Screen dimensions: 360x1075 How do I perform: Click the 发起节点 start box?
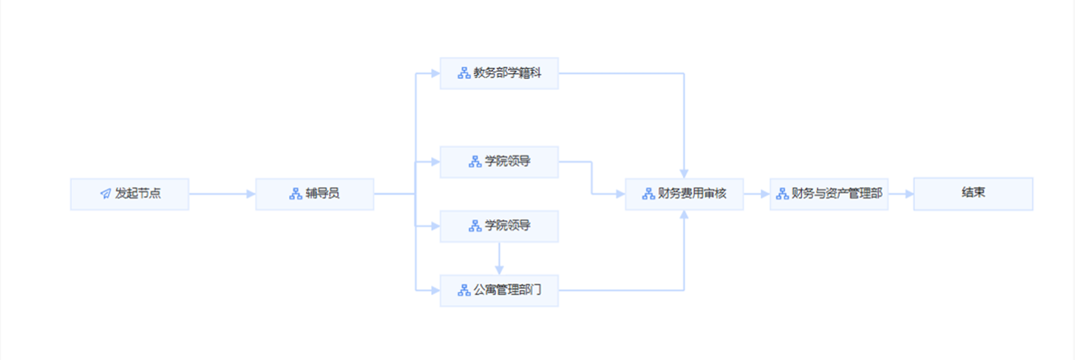129,194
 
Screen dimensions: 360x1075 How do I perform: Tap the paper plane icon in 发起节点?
105,194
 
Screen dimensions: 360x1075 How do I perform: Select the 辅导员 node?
314,194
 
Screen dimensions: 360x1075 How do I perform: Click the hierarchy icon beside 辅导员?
295,194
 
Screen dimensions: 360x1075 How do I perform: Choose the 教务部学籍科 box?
499,73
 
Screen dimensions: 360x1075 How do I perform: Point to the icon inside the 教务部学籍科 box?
464,73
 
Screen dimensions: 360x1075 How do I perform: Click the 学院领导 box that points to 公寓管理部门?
499,225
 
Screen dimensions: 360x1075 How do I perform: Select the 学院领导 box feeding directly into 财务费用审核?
499,162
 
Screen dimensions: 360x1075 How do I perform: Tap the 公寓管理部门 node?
499,290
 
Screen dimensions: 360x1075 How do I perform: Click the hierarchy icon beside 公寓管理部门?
464,290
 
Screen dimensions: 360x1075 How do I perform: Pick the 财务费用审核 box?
684,194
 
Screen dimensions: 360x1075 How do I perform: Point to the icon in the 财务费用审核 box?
648,194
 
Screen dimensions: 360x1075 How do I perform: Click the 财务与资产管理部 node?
828,194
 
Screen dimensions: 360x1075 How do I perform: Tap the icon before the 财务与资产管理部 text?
781,194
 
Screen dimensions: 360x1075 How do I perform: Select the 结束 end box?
973,193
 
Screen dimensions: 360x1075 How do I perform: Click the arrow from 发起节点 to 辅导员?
222,194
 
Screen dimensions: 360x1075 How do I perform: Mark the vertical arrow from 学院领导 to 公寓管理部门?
499,258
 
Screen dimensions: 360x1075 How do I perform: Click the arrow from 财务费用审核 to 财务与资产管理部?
756,194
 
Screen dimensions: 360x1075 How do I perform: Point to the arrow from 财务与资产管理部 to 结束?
901,194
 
